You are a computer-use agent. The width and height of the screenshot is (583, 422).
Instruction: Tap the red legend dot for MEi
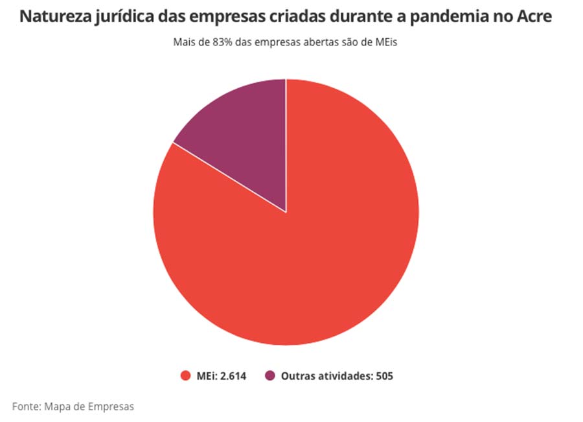pyautogui.click(x=185, y=376)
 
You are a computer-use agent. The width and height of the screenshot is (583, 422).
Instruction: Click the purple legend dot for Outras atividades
pyautogui.click(x=270, y=376)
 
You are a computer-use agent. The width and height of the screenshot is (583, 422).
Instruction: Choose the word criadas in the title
pyautogui.click(x=299, y=17)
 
